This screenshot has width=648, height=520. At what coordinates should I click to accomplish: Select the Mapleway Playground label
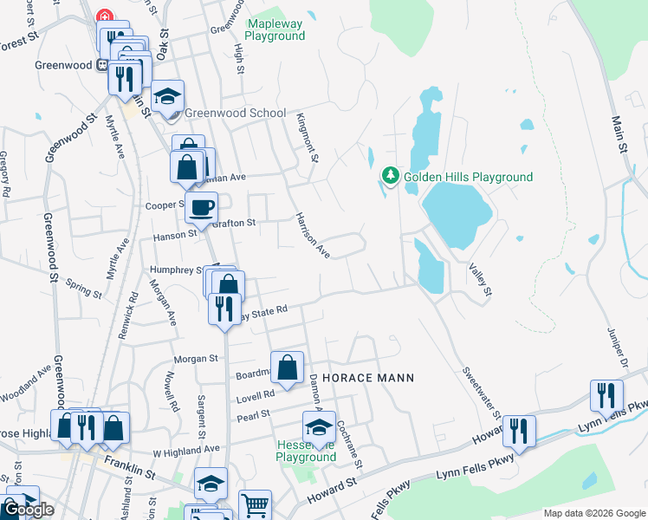(x=275, y=29)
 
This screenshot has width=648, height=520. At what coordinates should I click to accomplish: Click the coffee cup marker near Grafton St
(x=202, y=208)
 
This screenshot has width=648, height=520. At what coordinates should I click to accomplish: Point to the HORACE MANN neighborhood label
(x=368, y=378)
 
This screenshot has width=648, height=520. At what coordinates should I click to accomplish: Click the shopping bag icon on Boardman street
(x=288, y=367)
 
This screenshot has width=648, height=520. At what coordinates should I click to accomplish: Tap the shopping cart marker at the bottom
(x=255, y=505)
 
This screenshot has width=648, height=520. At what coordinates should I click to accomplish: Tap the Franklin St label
(x=129, y=467)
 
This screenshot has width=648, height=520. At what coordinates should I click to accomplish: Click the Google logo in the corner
(x=28, y=510)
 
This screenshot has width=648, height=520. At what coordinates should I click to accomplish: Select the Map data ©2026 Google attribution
(x=593, y=513)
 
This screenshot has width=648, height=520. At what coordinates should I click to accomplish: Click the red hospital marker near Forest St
(x=105, y=16)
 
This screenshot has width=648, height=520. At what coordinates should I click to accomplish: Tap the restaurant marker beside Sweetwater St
(x=519, y=431)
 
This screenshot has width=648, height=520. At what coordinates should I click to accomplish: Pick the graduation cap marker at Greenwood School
(x=167, y=95)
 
